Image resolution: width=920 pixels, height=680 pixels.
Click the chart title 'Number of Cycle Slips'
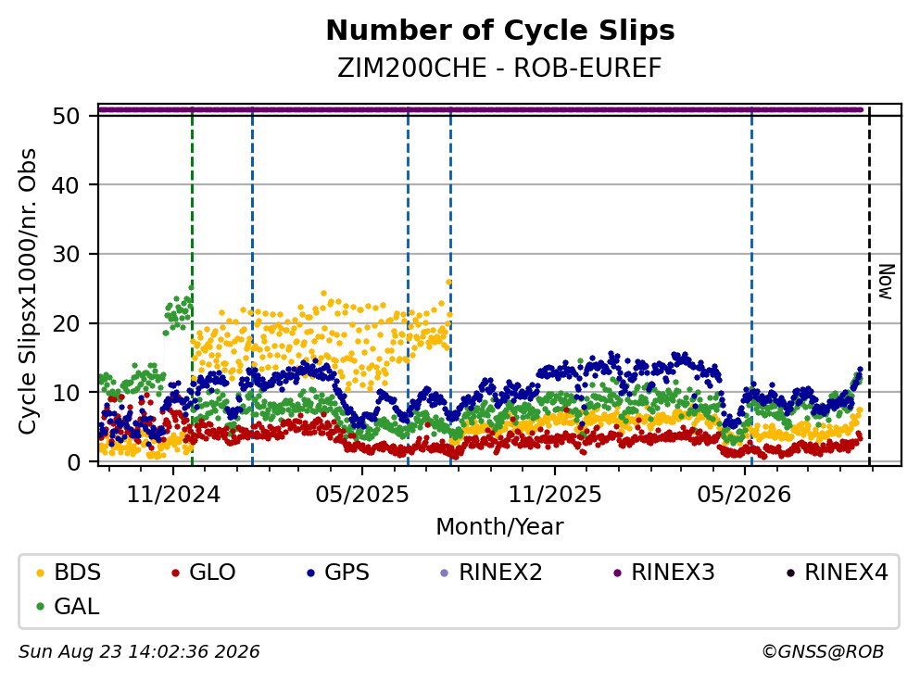pos(500,31)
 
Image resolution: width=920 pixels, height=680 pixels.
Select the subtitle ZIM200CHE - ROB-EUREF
pos(499,69)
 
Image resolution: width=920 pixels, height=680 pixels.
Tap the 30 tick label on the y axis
pos(66,255)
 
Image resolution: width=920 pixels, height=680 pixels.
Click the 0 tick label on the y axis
pos(73,462)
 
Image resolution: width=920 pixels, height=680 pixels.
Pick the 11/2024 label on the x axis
pos(173,495)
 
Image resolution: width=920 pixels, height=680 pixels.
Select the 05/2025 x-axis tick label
pos(362,495)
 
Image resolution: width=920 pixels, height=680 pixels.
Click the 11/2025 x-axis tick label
pos(554,495)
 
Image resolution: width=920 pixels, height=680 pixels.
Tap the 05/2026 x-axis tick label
pos(744,495)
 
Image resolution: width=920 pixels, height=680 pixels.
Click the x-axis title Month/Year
pos(499,527)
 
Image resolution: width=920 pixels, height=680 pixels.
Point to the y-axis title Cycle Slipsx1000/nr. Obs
pos(28,291)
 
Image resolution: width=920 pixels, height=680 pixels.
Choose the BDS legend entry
pos(69,572)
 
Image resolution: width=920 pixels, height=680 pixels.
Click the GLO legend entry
pos(203,572)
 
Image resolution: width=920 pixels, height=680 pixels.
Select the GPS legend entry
pos(338,572)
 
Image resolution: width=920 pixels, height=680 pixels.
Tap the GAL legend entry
pos(68,606)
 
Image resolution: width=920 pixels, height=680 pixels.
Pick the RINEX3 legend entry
pos(664,572)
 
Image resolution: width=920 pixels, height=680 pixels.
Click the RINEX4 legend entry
pos(838,572)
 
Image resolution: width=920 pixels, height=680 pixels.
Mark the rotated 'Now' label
pos(886,283)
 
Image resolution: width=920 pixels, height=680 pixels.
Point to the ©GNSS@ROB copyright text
pos(823,652)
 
